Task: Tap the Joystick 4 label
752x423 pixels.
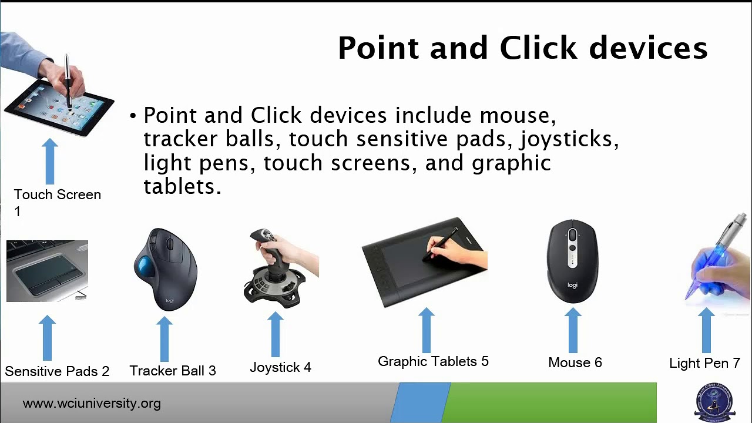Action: coord(280,368)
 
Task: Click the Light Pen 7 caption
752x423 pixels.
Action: coord(704,363)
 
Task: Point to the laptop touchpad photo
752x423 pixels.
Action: coord(47,271)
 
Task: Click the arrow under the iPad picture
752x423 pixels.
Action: coord(50,161)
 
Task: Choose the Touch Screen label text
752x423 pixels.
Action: coord(57,194)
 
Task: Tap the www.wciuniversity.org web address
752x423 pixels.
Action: coord(91,404)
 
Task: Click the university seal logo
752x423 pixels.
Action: coord(714,403)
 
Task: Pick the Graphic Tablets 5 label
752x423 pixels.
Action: coord(433,361)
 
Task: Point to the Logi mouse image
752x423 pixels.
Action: coord(572,261)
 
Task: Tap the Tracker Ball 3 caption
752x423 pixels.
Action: coord(173,371)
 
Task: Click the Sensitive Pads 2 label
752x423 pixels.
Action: coord(57,371)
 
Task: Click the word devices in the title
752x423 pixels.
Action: coord(649,48)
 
